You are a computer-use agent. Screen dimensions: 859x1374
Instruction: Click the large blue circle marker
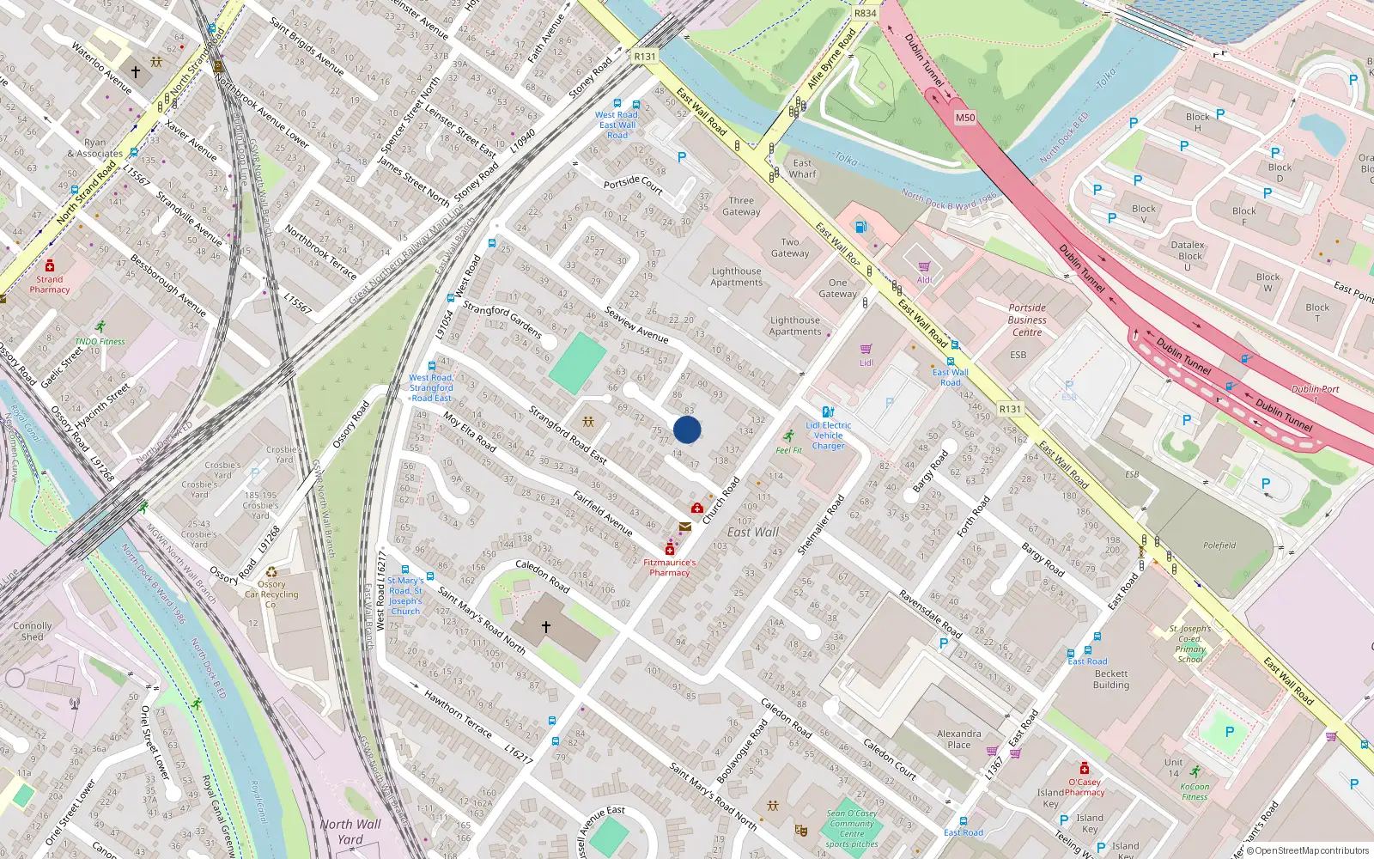coord(687,429)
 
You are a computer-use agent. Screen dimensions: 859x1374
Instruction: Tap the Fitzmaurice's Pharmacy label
coord(669,567)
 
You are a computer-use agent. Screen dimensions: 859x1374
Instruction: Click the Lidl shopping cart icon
coord(866,349)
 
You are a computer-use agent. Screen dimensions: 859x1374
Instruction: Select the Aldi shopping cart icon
coord(924,266)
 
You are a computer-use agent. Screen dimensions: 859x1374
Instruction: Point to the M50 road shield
coord(965,118)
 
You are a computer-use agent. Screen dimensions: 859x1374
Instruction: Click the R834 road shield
coord(866,13)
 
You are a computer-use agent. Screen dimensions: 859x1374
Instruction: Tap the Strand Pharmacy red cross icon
coord(50,265)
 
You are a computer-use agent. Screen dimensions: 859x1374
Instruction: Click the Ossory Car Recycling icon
coord(271,572)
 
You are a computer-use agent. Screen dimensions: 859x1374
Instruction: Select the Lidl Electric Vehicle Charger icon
coord(828,411)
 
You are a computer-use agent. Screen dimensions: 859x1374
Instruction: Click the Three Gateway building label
coord(741,206)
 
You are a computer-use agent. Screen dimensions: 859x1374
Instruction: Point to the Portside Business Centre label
coord(1027,320)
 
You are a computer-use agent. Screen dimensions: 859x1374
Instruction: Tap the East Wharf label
coord(802,168)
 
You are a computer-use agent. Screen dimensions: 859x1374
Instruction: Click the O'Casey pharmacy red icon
coord(1085,768)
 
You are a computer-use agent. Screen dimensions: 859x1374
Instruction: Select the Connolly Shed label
coord(33,631)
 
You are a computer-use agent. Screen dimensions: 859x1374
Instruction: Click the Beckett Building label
coord(1111,679)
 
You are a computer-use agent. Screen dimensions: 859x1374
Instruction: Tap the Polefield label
coord(1219,545)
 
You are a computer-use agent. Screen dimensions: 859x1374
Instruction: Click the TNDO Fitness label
coord(100,341)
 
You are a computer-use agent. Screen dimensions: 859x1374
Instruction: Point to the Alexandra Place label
coord(959,739)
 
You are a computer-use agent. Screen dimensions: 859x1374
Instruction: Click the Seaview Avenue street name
coord(636,325)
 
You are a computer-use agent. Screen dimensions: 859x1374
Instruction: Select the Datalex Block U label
coord(1189,255)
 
